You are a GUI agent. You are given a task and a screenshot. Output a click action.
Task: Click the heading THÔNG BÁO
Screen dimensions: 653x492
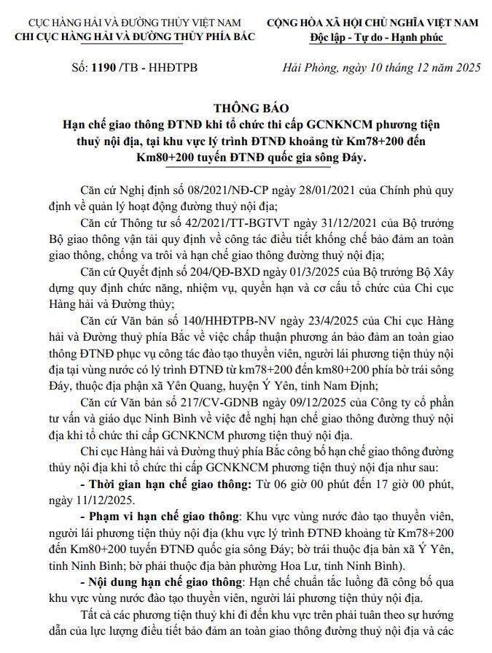coord(245,110)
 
